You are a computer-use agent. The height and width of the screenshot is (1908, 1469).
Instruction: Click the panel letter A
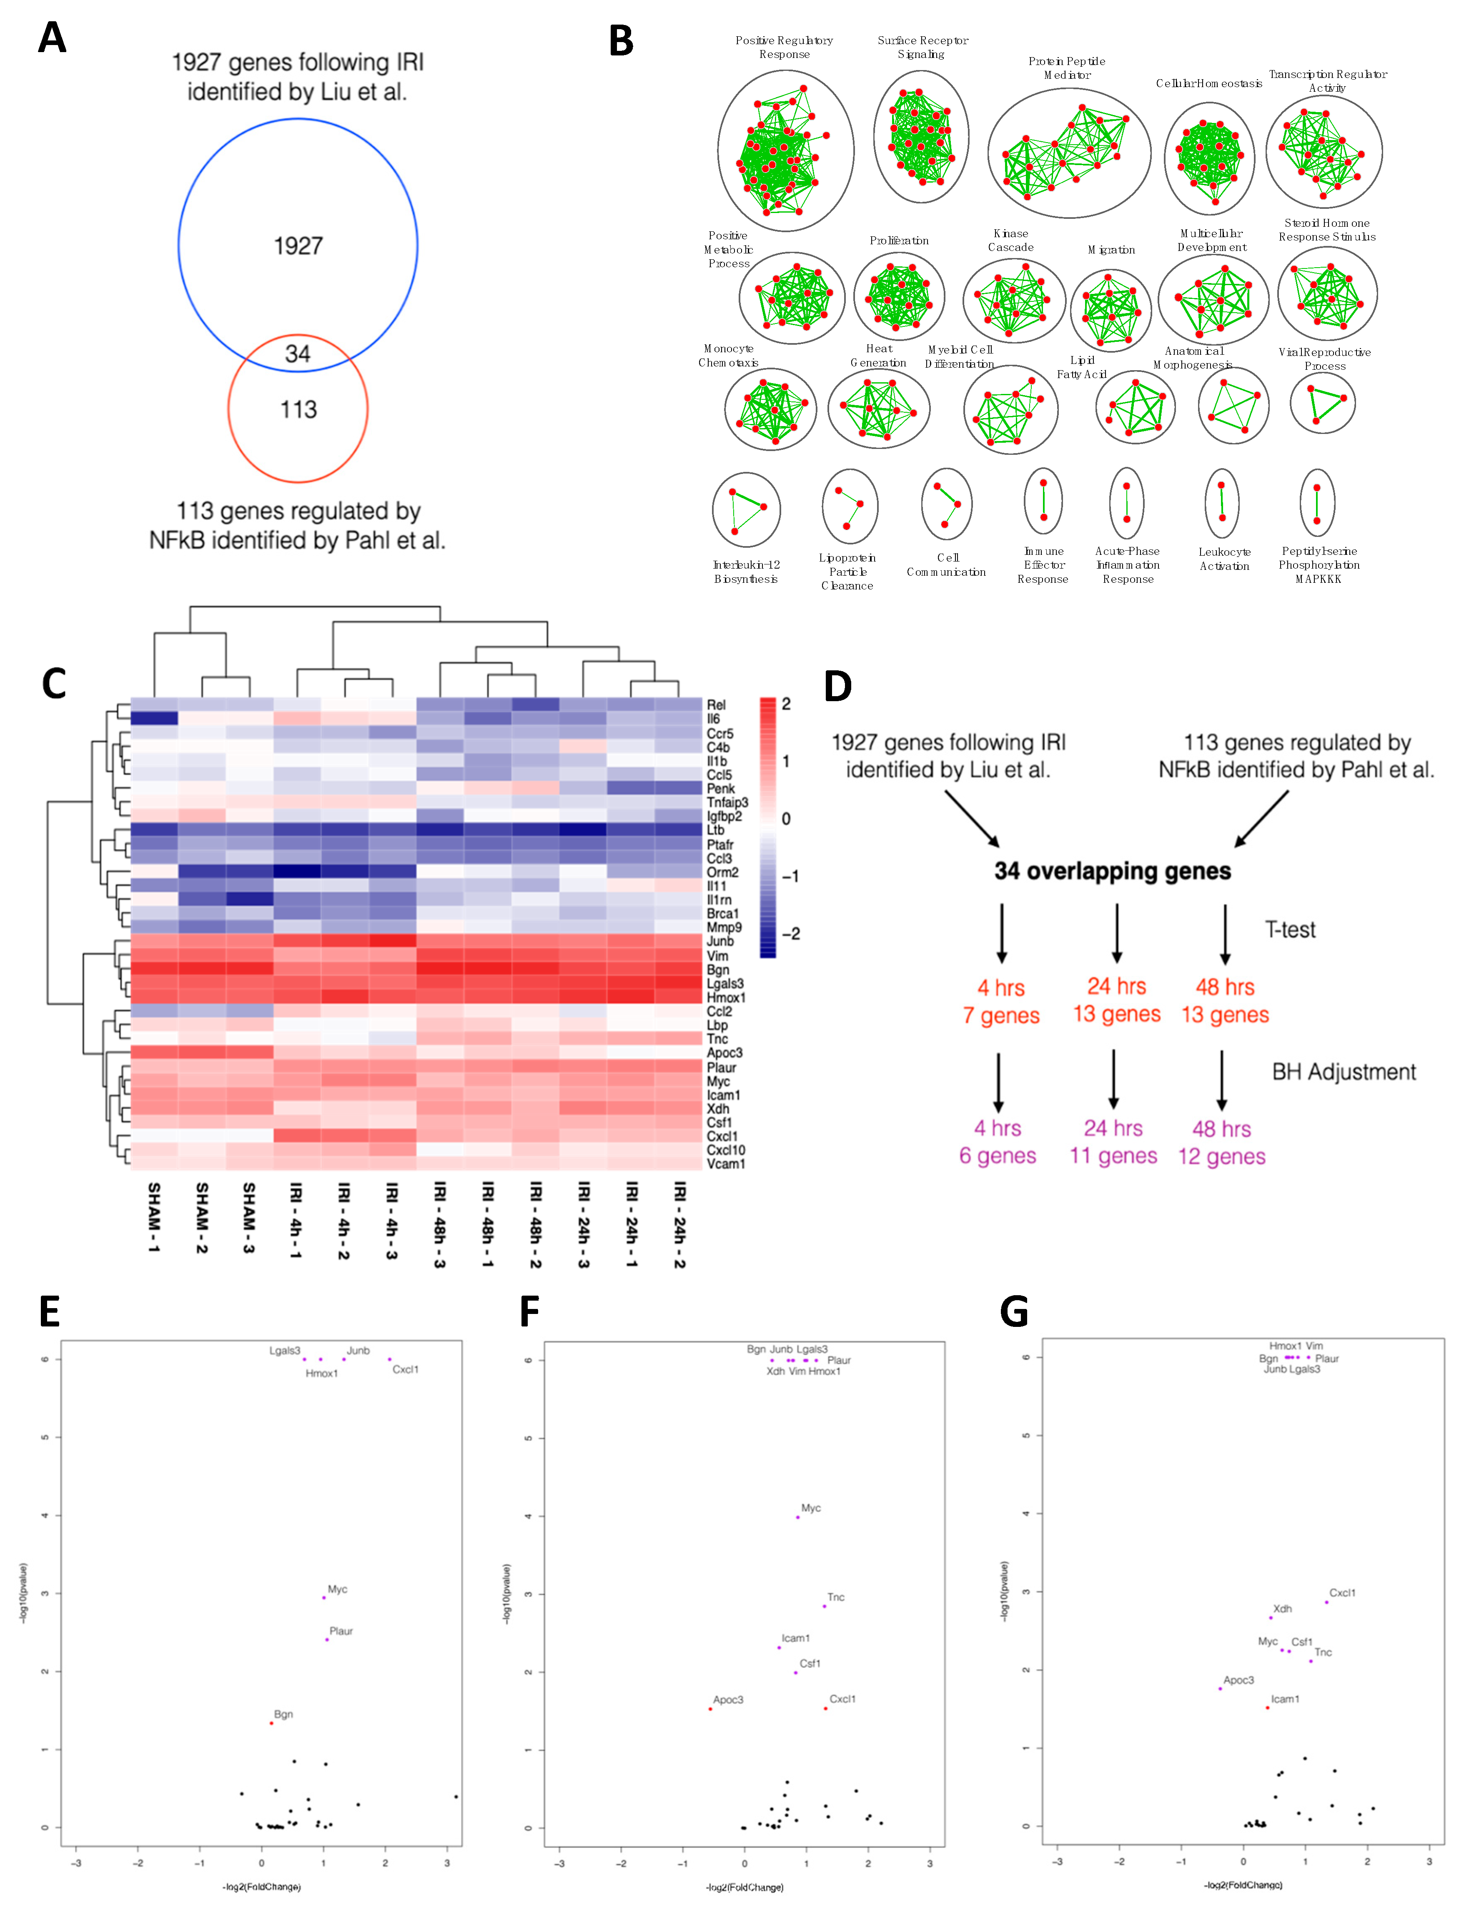pos(53,38)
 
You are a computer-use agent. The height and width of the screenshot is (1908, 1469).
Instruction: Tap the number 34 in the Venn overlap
pos(298,354)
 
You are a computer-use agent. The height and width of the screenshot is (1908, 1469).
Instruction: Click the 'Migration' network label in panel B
pos(1111,250)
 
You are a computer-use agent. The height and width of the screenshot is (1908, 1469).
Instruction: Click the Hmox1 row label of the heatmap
pos(726,998)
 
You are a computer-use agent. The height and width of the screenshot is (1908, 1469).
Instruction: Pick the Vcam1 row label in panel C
pos(726,1163)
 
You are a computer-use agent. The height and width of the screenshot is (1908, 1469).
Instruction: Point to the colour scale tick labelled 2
pos(786,704)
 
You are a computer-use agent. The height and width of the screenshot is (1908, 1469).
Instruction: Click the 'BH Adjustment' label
pos(1343,1072)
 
